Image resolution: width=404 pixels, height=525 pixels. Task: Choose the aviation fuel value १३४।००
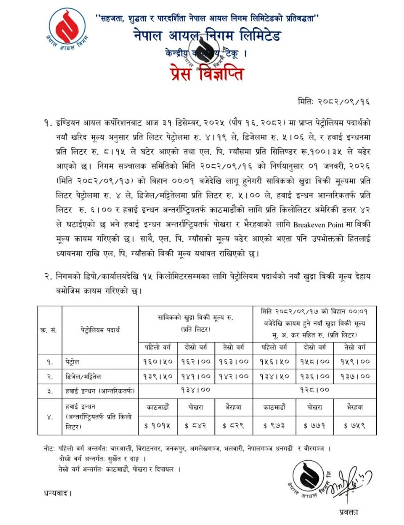click(195, 390)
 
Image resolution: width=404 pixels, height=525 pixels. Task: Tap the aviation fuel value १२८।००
click(314, 390)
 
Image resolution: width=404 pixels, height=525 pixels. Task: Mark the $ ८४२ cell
click(195, 425)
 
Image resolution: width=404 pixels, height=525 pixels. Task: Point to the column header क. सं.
click(49, 329)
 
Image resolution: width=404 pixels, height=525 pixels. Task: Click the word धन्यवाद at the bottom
click(58, 492)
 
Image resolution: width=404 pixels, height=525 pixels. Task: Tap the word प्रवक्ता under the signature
click(349, 512)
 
